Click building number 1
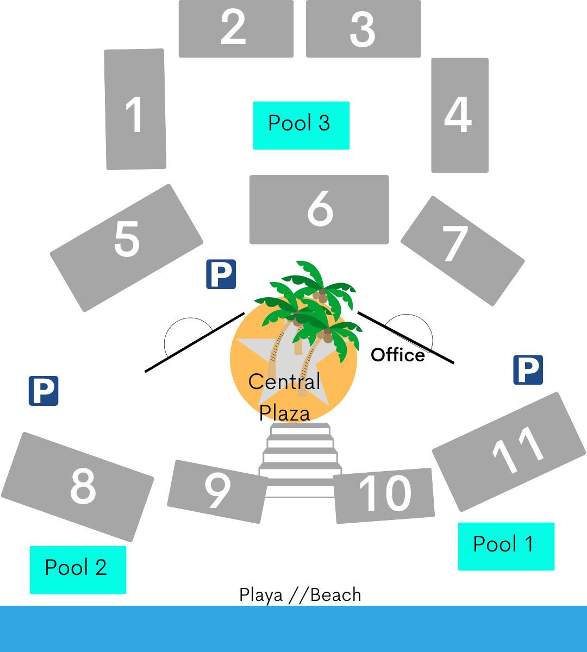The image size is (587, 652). tap(135, 110)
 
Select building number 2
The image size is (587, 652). tap(236, 28)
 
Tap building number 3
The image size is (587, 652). tap(363, 28)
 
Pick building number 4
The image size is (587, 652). tap(459, 115)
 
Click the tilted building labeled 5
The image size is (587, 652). tap(127, 247)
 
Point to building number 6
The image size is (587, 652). tap(319, 210)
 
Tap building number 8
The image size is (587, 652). tap(78, 486)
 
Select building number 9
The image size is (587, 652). tap(217, 491)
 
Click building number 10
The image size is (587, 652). tap(384, 495)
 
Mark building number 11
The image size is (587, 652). tap(509, 451)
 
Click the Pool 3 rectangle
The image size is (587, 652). tap(301, 125)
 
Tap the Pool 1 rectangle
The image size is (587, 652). tap(506, 546)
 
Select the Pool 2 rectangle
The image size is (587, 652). tap(78, 569)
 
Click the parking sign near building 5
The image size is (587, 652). tap(221, 274)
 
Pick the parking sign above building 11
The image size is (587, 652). tap(528, 370)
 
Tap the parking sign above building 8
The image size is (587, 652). tap(43, 391)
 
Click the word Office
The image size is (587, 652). tap(398, 355)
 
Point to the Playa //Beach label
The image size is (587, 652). tap(300, 595)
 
